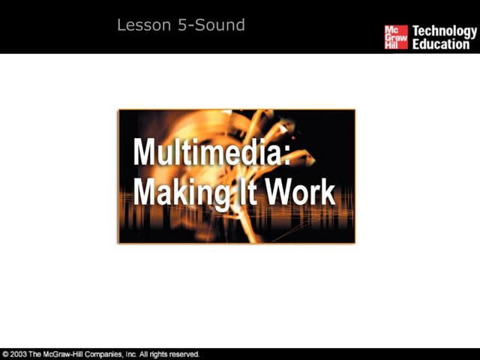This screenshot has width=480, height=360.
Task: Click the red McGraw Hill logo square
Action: (x=396, y=37)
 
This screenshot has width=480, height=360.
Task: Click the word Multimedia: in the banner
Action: (x=211, y=152)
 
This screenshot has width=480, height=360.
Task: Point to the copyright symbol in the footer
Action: (x=6, y=354)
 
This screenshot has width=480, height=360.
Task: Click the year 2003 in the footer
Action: (x=19, y=354)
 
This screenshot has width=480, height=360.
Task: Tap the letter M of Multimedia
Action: (x=145, y=152)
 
